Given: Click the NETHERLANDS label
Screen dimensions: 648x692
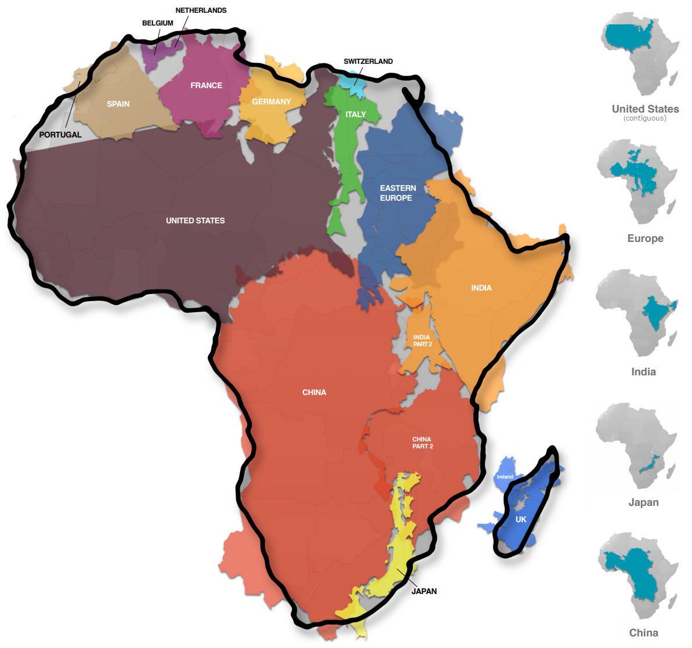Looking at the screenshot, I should pos(201,10).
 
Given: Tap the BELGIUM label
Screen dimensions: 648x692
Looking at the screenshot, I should pos(157,23).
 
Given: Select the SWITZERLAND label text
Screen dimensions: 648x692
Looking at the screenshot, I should pos(368,61).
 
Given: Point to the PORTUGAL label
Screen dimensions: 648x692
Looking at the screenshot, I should pos(60,135).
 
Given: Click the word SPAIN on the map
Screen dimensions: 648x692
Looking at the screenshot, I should pos(118,104).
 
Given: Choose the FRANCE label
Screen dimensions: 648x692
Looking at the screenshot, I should pos(206,85).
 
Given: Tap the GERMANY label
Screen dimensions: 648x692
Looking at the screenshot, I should pos(271,102).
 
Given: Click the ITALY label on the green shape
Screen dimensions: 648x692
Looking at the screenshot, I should pos(356,114).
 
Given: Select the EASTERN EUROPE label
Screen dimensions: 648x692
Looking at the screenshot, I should pos(398,193).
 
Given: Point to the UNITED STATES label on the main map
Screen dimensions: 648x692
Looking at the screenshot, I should pos(195,220).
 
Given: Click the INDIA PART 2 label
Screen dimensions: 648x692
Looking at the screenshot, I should pos(422,341).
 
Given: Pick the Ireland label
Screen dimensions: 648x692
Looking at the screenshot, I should pos(505,477).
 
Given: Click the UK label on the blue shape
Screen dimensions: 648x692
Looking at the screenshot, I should pos(521,519).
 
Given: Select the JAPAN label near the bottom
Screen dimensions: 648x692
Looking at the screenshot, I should pos(424,591).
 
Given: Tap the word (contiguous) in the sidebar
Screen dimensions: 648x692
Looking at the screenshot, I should pos(645,118).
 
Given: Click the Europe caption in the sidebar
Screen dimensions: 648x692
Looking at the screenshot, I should pos(645,238).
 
